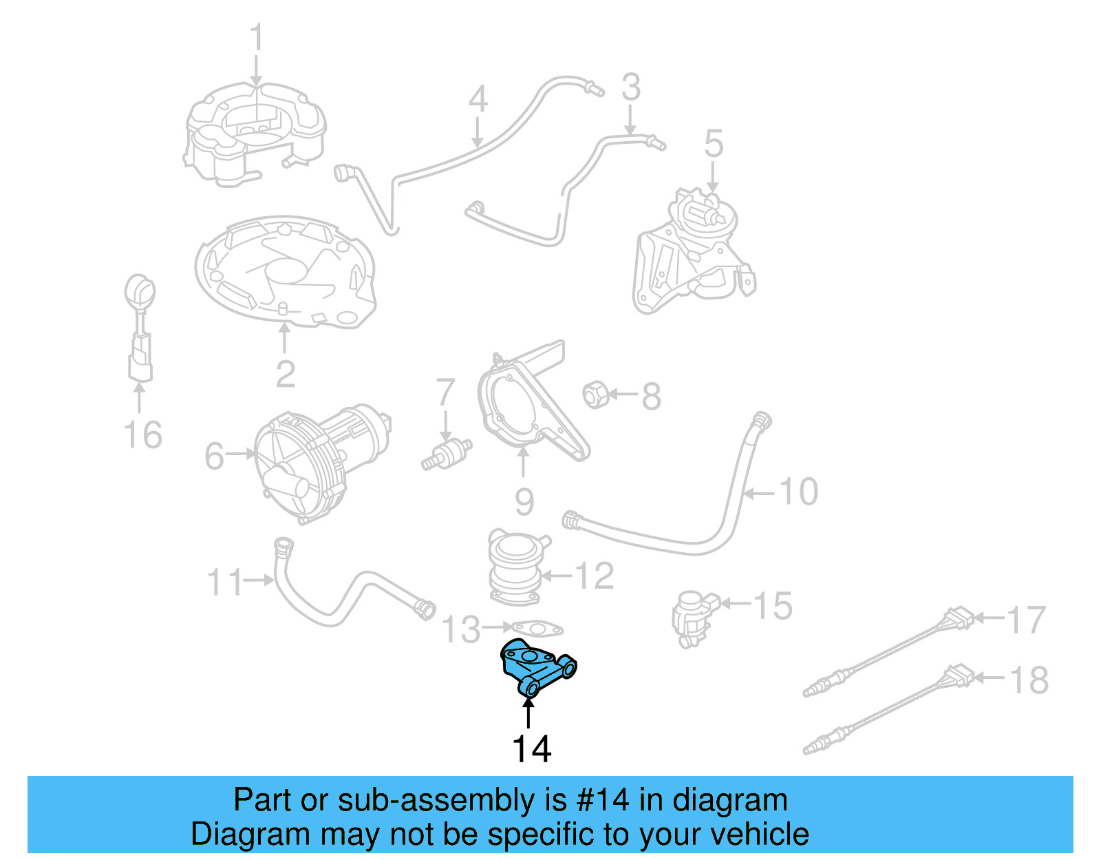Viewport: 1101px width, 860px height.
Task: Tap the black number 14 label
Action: pos(531,749)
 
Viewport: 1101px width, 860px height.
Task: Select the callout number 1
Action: pos(256,39)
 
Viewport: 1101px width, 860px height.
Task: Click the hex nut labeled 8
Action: pos(594,395)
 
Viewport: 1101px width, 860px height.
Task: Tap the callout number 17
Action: pos(1026,620)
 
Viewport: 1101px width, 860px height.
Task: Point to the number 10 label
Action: pos(798,492)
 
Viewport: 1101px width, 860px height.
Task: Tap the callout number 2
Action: pos(285,374)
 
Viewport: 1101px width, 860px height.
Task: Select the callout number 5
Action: pos(714,144)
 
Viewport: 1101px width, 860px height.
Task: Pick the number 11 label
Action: pos(225,582)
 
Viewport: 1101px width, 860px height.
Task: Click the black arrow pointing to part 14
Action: pos(528,713)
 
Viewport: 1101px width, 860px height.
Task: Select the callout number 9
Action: pos(524,501)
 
